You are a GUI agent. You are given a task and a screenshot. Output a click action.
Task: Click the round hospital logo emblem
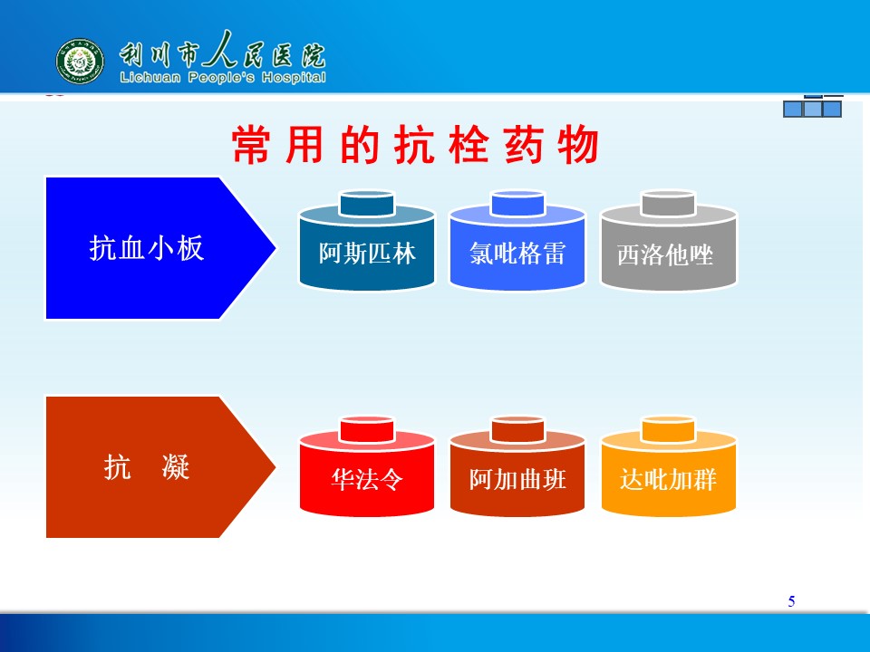tap(80, 61)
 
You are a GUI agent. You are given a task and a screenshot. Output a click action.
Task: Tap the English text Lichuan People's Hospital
tap(223, 77)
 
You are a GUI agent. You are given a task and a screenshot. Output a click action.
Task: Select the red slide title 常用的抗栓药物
tap(415, 145)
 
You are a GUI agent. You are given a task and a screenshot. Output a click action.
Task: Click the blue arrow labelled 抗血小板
tap(159, 248)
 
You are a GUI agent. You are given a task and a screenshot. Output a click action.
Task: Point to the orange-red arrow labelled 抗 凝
tap(159, 467)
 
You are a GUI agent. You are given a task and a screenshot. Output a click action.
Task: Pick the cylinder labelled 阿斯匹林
tap(367, 241)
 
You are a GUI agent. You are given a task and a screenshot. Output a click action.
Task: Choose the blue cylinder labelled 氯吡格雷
tap(517, 241)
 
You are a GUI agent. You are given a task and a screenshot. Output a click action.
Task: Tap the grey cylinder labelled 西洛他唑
tap(669, 241)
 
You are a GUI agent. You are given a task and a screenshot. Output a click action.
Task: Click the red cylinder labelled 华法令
tap(367, 466)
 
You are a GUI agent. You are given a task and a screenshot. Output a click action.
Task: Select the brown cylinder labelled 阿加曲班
tap(517, 466)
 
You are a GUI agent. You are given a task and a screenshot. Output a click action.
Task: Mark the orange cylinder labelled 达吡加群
tap(669, 466)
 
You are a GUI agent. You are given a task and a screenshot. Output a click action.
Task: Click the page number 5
tap(792, 601)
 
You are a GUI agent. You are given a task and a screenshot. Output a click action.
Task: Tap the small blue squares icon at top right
tap(813, 107)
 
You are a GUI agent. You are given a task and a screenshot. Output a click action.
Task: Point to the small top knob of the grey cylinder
tap(668, 204)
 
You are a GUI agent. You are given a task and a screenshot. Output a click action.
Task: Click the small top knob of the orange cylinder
tap(668, 429)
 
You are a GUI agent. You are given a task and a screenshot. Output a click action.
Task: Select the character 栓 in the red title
tap(469, 145)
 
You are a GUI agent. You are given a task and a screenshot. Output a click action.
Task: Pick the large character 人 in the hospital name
tap(220, 50)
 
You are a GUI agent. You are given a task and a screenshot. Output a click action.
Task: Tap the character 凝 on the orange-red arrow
tap(176, 467)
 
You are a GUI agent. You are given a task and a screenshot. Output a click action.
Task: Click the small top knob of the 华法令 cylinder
tap(367, 429)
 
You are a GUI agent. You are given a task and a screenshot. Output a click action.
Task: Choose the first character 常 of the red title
tap(251, 145)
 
